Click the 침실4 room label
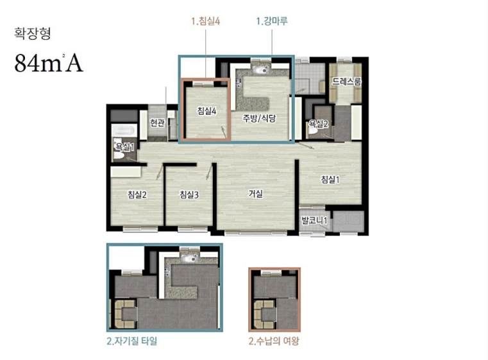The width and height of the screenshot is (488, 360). pos(206,111)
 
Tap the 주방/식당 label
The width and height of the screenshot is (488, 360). pos(259,118)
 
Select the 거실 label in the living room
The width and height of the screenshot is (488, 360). pos(255,194)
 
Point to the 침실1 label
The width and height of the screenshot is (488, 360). pos(330,180)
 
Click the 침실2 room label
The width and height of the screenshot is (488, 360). pos(137,194)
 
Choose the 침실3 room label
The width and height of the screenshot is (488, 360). pos(189,194)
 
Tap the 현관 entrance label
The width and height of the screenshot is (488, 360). pos(157,123)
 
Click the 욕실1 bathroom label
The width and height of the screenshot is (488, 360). pos(125,147)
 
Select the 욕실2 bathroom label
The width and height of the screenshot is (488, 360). pos(318,124)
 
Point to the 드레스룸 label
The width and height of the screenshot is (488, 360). pos(347,81)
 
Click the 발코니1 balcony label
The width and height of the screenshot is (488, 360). pos(314,221)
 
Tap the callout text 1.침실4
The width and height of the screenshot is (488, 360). pos(205,21)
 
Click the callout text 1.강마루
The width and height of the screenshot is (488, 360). pos(272,21)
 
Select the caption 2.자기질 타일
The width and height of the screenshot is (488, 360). pos(132,341)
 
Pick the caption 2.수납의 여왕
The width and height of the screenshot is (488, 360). pos(274,341)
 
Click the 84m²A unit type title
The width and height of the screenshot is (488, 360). pos(49,64)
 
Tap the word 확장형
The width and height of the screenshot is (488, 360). pos(32,33)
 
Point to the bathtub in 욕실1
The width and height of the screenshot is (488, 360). pos(124,130)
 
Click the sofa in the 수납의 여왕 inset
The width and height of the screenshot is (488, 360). pos(265,314)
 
